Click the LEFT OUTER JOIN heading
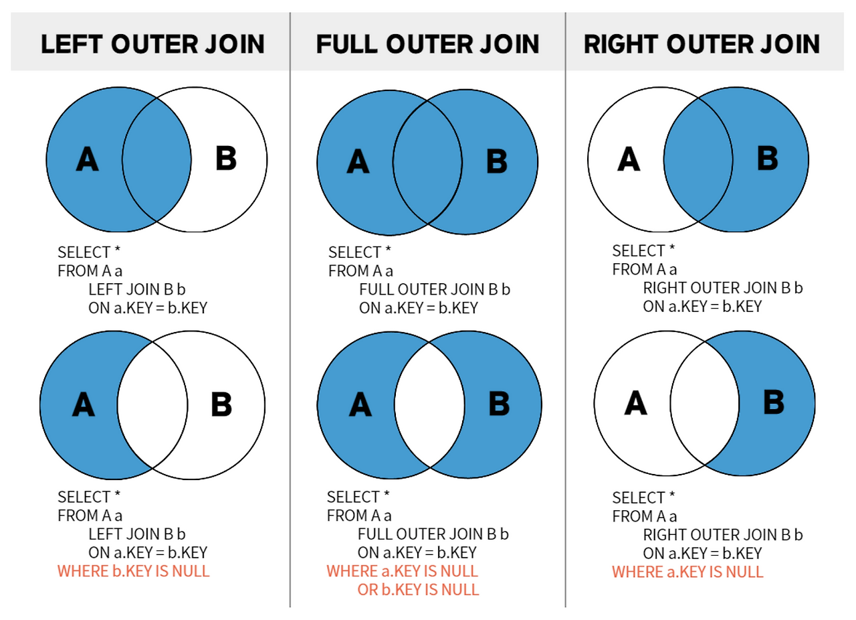pyautogui.click(x=152, y=44)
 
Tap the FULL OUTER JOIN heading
pyautogui.click(x=427, y=44)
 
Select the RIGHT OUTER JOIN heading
pyautogui.click(x=702, y=44)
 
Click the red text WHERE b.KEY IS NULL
pyautogui.click(x=133, y=571)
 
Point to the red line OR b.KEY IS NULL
pyautogui.click(x=418, y=590)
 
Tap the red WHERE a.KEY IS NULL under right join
pyautogui.click(x=688, y=572)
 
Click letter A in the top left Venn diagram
pyautogui.click(x=87, y=159)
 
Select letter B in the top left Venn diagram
pyautogui.click(x=226, y=158)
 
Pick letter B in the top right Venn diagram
pyautogui.click(x=767, y=158)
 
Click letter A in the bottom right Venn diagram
pyautogui.click(x=635, y=402)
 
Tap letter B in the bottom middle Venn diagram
pyautogui.click(x=499, y=403)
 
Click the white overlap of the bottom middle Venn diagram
pyautogui.click(x=429, y=405)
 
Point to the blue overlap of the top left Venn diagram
pyautogui.click(x=156, y=159)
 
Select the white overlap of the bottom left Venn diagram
pyautogui.click(x=152, y=405)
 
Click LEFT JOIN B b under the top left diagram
pyautogui.click(x=137, y=289)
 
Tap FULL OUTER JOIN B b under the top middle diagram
pyautogui.click(x=435, y=289)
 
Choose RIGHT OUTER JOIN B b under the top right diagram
pyautogui.click(x=723, y=288)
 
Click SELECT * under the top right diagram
pyautogui.click(x=643, y=250)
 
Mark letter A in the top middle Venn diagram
pyautogui.click(x=358, y=161)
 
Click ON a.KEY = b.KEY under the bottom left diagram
pyautogui.click(x=148, y=552)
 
